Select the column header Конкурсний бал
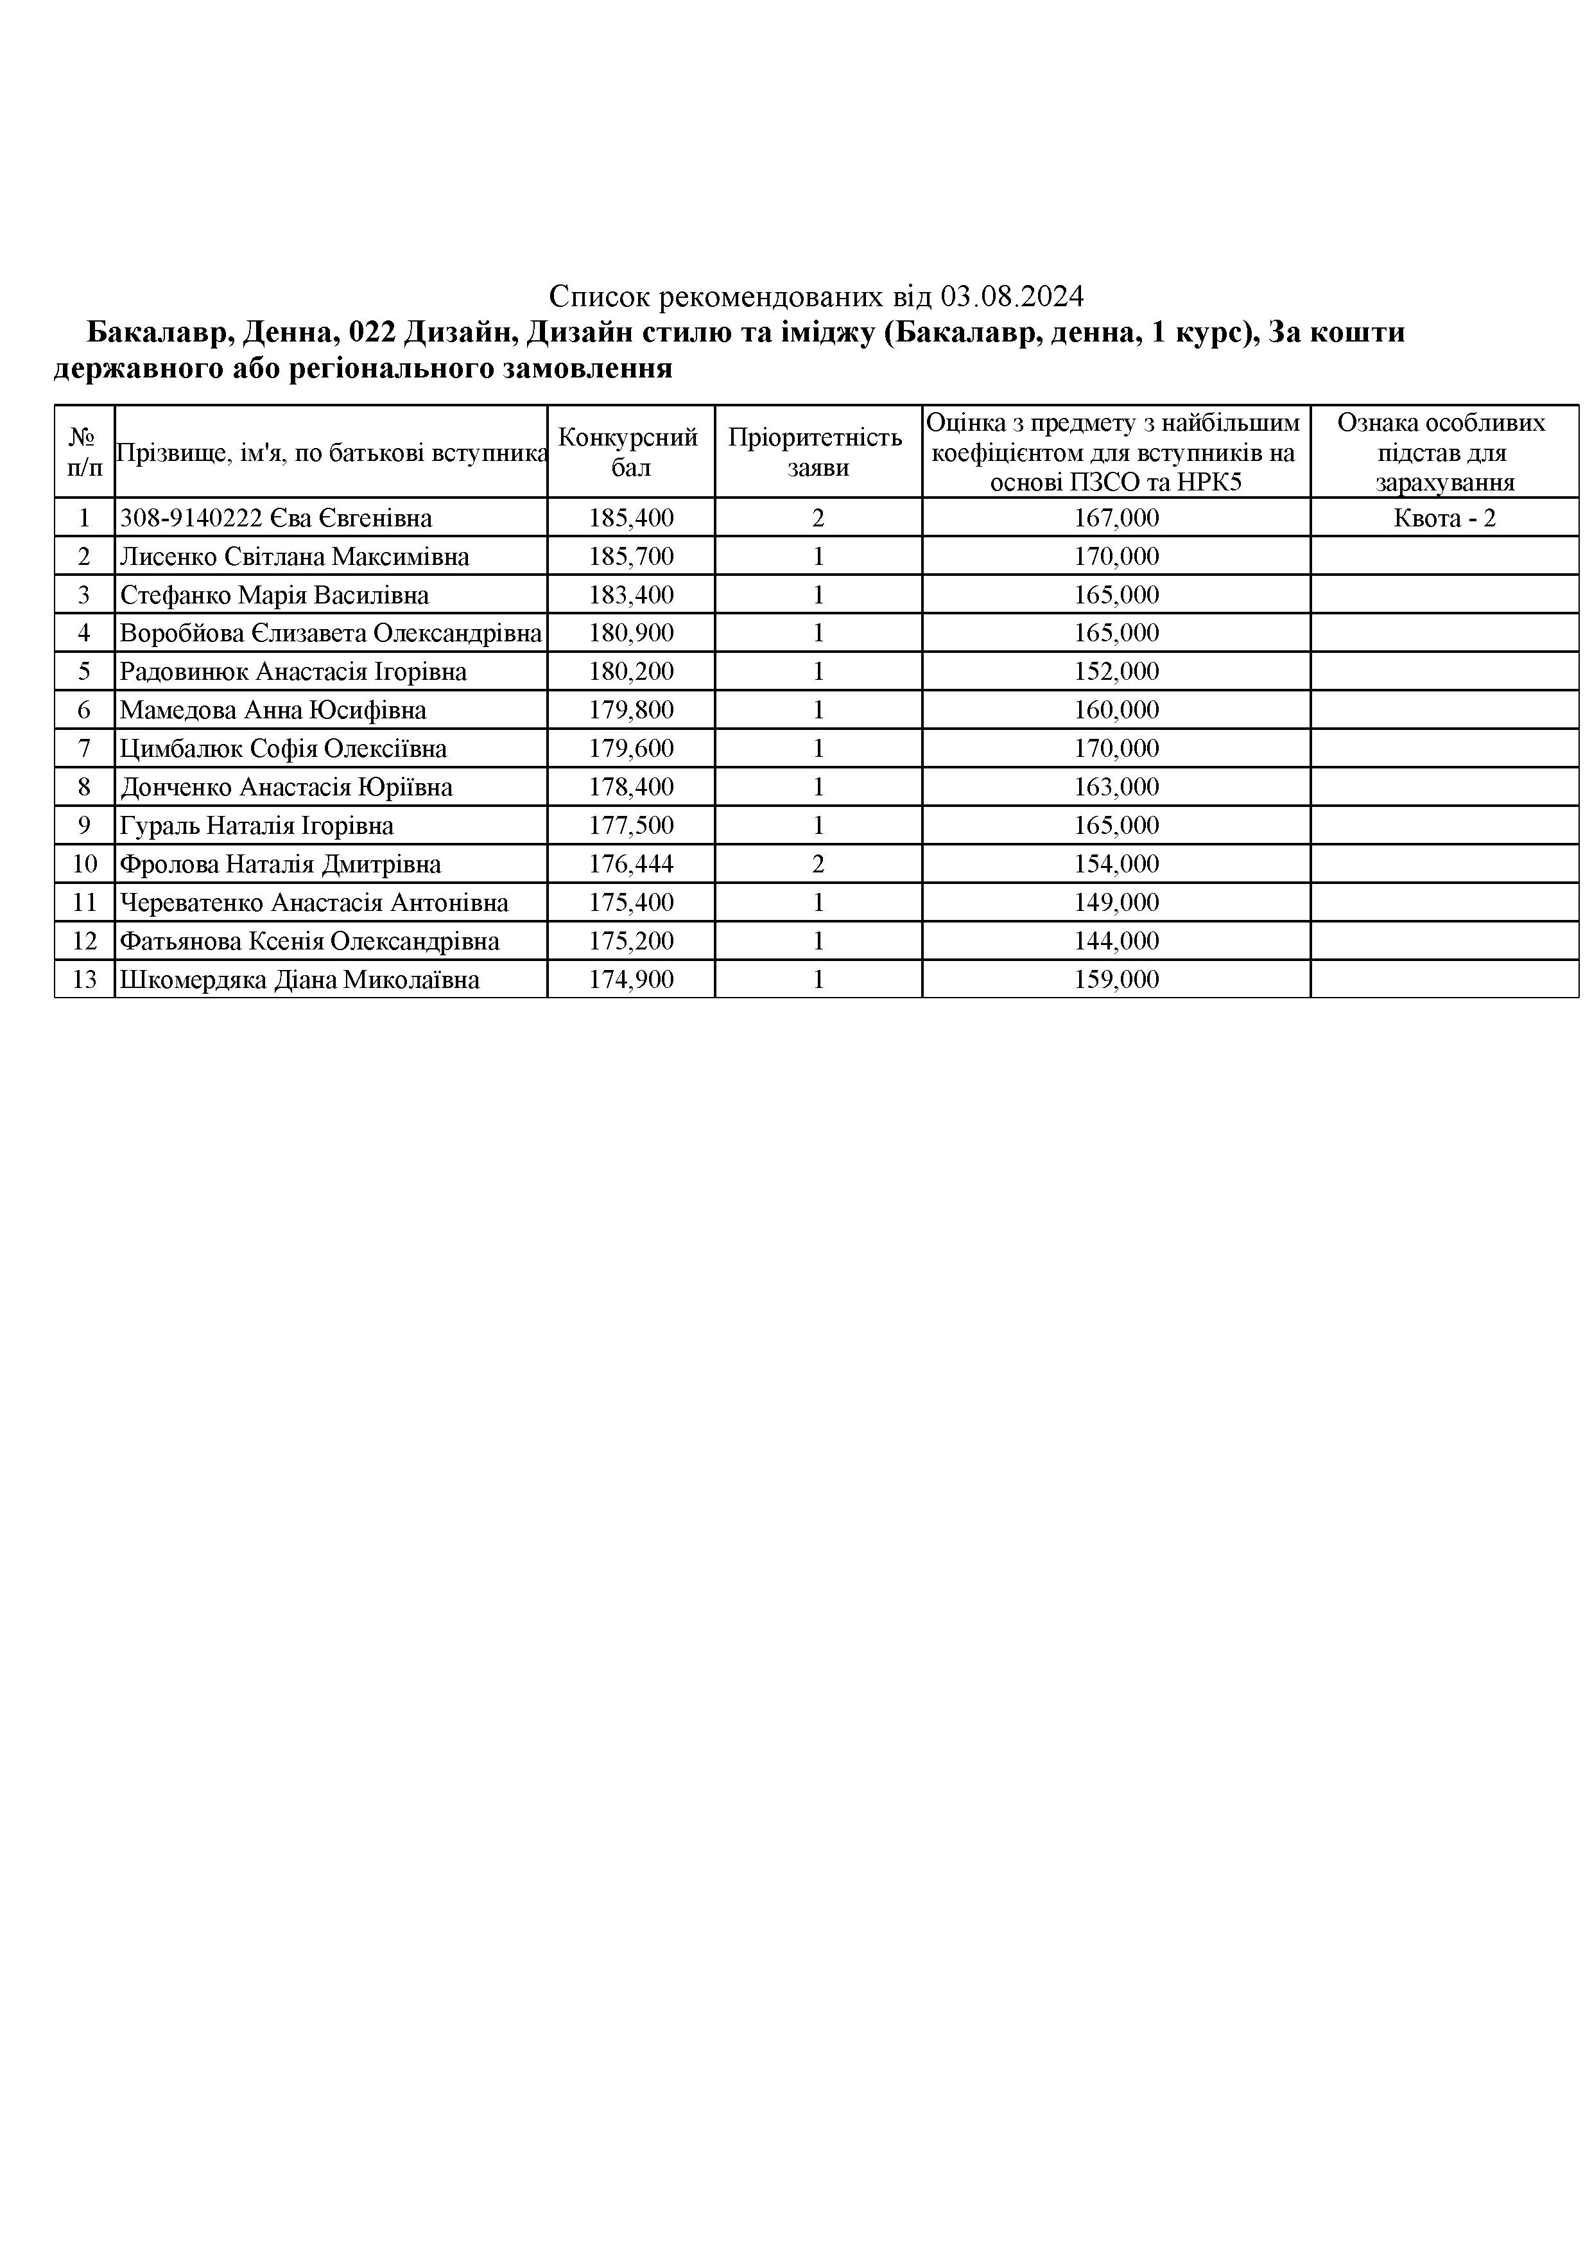(630, 452)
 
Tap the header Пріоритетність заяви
(817, 452)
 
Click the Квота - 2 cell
(1444, 518)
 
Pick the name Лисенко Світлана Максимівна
(294, 556)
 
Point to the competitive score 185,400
(631, 518)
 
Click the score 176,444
(631, 864)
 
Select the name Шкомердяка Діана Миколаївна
(299, 980)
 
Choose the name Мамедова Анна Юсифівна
(273, 710)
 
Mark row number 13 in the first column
(84, 980)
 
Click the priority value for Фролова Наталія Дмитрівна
(818, 864)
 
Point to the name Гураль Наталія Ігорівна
(256, 826)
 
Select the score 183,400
(631, 595)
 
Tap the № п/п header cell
(84, 452)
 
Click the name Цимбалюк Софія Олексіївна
(282, 749)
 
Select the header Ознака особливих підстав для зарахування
(1444, 452)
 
